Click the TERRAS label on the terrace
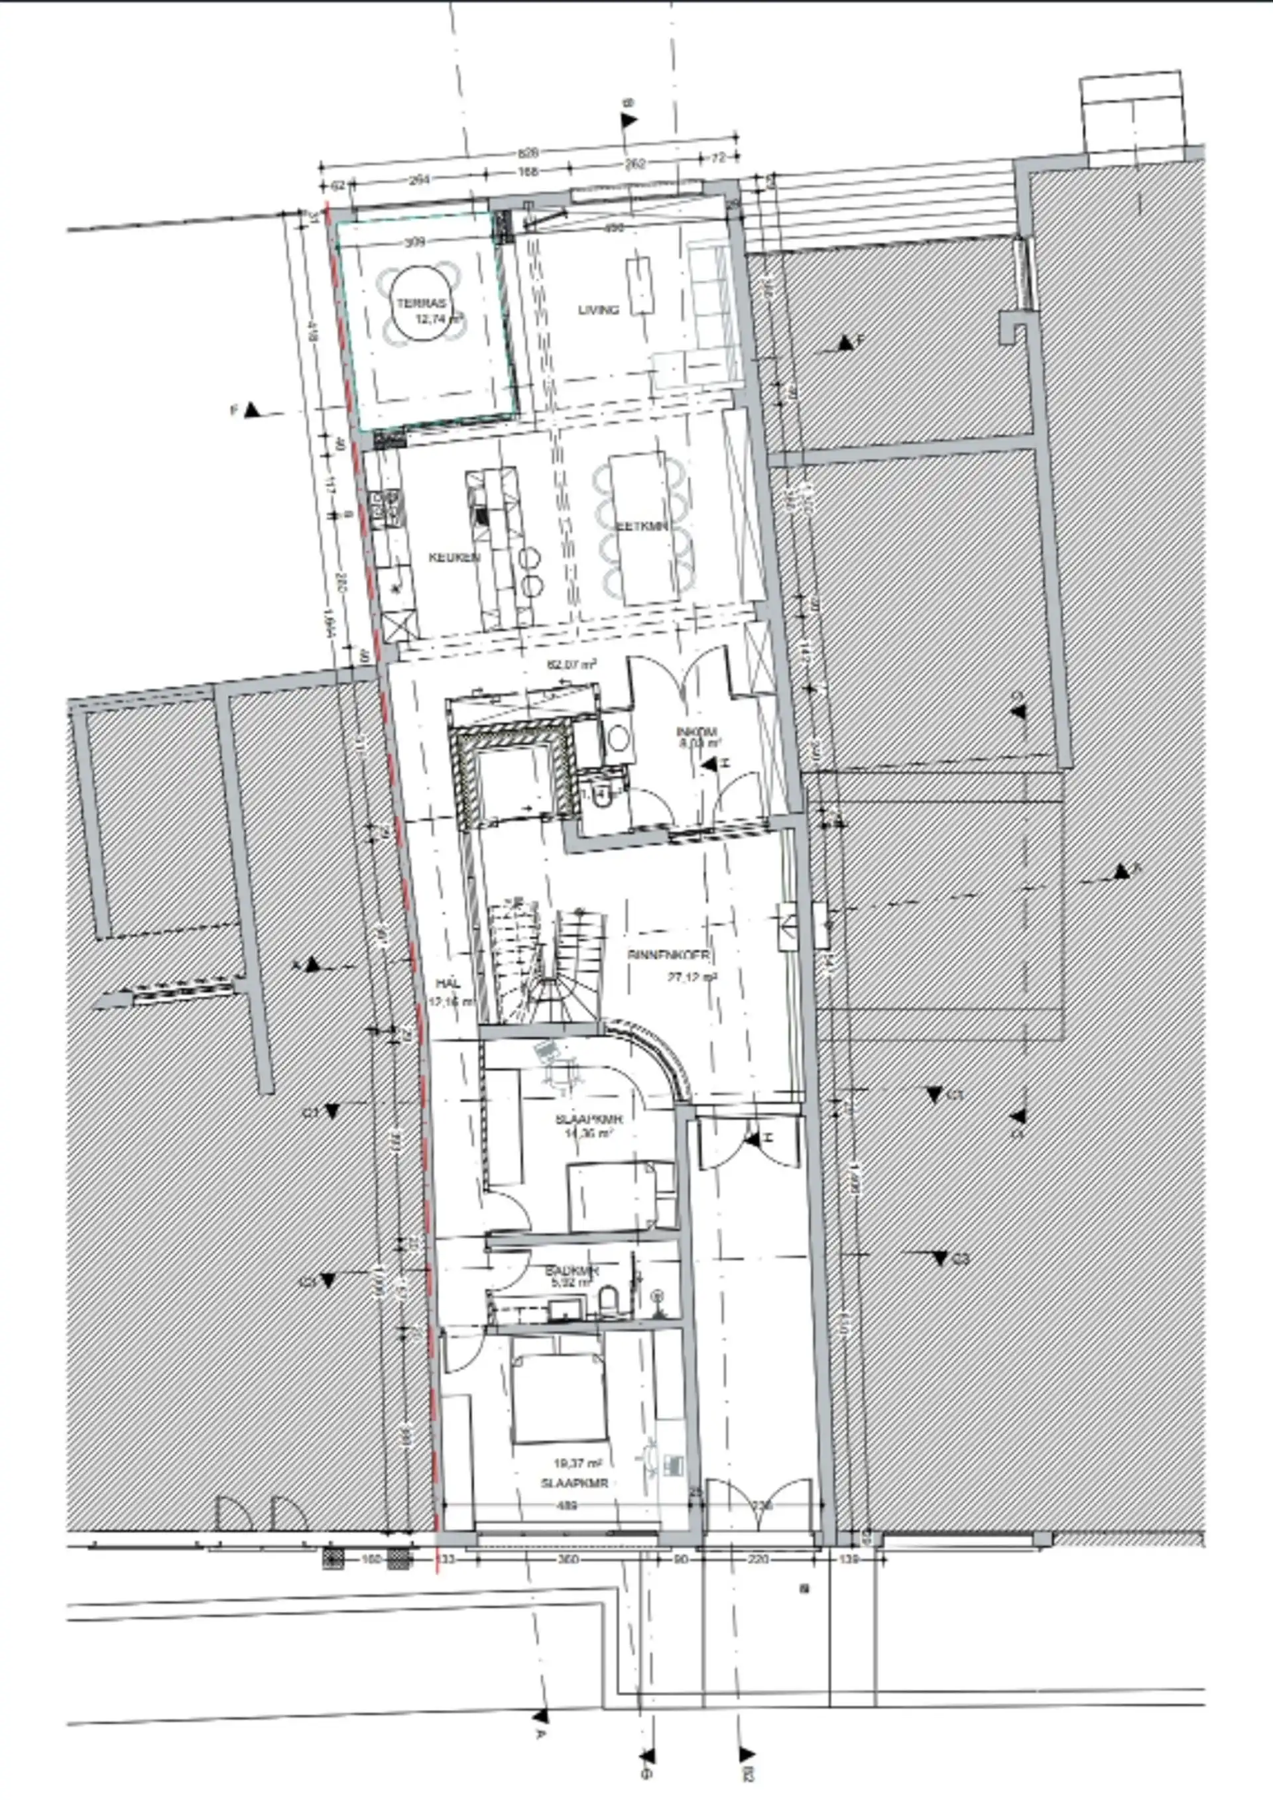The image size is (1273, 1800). click(421, 304)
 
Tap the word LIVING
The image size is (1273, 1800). click(599, 310)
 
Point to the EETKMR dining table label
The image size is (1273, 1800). click(642, 526)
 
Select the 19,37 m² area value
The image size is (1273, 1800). click(577, 1463)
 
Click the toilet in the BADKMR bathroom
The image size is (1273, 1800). click(607, 1304)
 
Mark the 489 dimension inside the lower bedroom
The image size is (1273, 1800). click(566, 1505)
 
